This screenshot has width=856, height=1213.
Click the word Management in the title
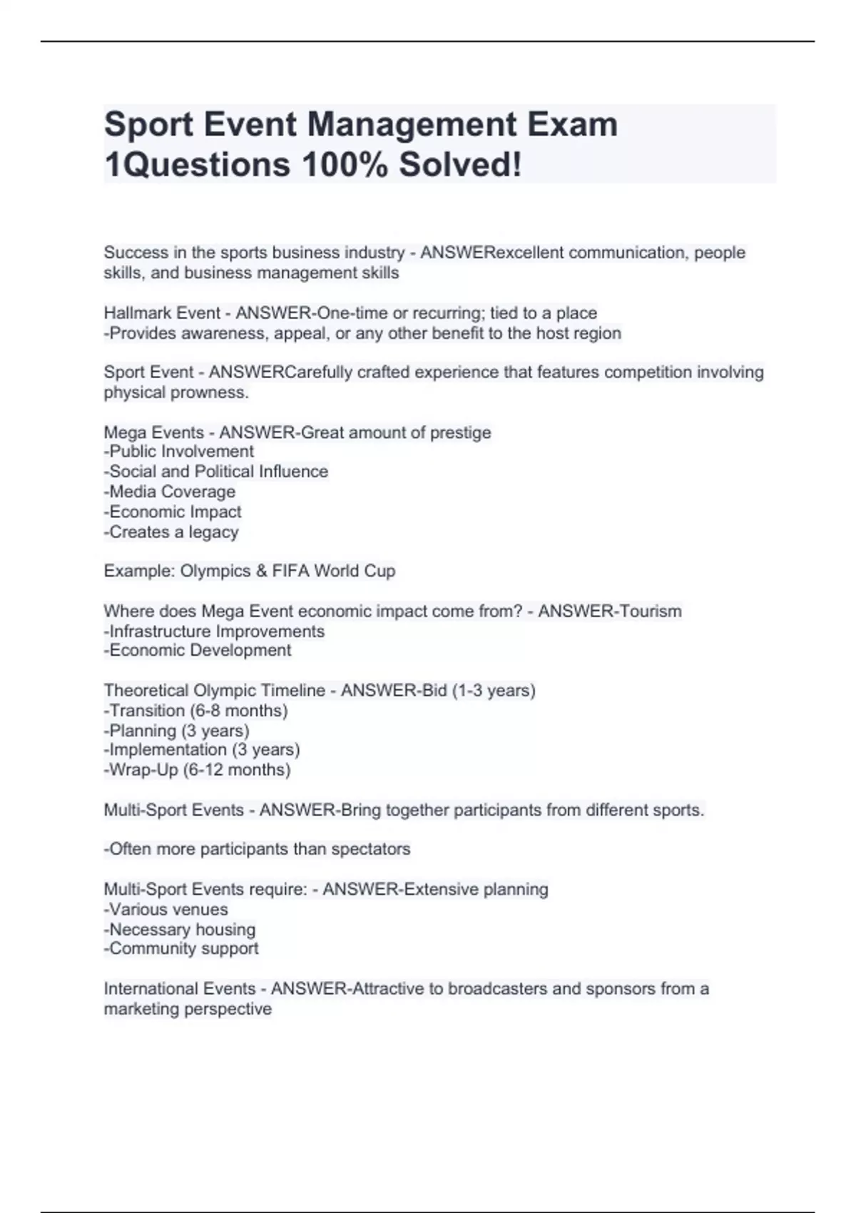(412, 125)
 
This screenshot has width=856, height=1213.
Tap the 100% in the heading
(345, 165)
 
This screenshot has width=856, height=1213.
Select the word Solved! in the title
(460, 165)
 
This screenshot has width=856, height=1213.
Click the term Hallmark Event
(162, 313)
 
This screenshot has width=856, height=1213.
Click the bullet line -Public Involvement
(179, 452)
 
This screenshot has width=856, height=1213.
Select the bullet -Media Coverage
(170, 492)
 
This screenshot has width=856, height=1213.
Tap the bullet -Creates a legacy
(171, 532)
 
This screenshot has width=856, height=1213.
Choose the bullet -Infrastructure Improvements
(214, 631)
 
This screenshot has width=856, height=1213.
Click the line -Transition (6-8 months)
(195, 711)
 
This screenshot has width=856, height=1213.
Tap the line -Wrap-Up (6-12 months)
(197, 770)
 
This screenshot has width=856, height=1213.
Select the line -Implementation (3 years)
(202, 750)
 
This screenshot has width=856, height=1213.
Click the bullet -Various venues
(166, 910)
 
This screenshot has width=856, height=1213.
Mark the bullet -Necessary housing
(180, 930)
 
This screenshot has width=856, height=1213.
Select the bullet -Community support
(181, 948)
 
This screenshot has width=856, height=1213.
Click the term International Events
(180, 989)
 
